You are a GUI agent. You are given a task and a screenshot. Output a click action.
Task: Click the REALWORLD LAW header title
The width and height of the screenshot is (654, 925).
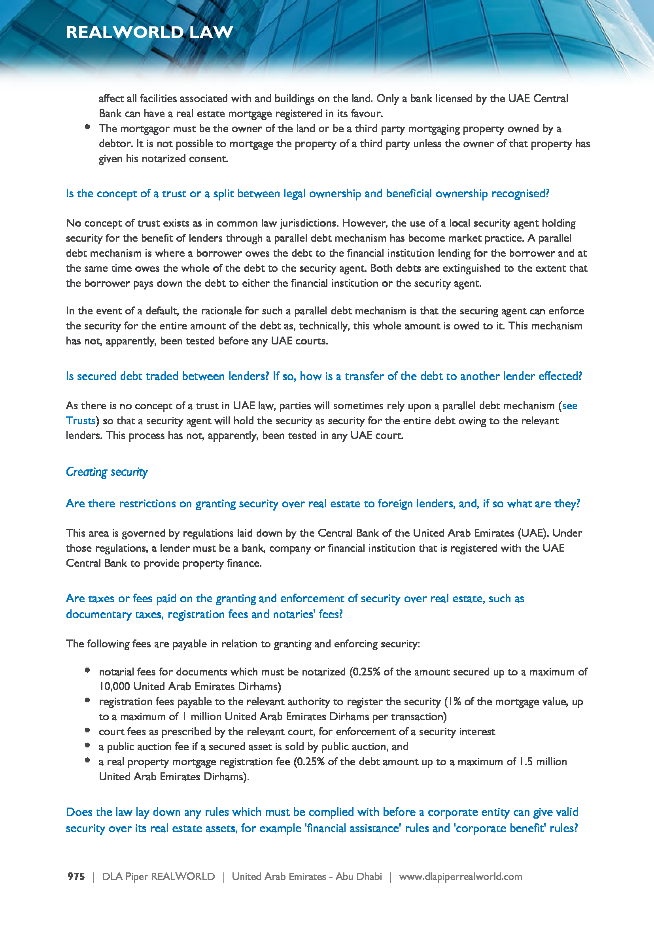[149, 32]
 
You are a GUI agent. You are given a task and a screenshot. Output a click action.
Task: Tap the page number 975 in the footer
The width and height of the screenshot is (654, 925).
[76, 876]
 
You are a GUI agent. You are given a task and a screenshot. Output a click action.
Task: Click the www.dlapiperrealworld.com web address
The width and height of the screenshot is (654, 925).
[460, 876]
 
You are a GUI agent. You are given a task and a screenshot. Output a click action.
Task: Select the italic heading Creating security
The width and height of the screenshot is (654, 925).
[107, 471]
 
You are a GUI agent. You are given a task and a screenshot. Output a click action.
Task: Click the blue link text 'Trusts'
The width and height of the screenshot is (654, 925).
[81, 421]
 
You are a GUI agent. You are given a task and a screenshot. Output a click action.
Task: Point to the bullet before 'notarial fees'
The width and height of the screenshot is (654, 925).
[87, 670]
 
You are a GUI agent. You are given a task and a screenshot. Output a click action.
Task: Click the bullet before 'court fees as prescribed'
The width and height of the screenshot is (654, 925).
[87, 730]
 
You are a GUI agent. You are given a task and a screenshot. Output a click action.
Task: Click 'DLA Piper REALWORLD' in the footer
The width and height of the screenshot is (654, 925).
[158, 876]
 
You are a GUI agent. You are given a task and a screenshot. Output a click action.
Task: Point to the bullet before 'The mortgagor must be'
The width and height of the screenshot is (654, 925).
[87, 127]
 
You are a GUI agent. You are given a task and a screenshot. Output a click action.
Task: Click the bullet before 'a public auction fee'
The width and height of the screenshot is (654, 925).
[87, 745]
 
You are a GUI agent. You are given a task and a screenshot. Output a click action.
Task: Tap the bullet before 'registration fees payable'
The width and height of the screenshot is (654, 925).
[87, 700]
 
